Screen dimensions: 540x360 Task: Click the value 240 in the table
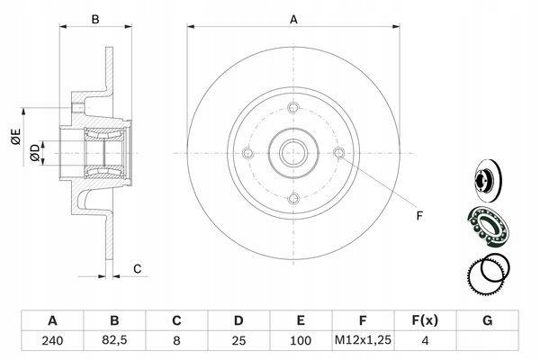52,341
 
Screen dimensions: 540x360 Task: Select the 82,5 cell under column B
114,340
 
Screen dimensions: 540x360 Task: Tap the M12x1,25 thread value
363,340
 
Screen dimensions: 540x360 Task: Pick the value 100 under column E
301,341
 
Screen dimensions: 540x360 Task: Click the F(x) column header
425,320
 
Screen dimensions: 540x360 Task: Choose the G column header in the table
487,320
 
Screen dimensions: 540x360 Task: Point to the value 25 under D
238,341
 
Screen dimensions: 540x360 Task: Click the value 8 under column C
176,341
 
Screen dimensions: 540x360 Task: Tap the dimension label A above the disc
293,20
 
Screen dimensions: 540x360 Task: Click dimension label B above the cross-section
95,20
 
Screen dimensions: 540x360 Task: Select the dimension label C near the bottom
137,269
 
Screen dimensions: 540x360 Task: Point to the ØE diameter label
16,136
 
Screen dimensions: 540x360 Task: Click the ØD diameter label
35,153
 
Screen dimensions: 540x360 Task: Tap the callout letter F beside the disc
419,216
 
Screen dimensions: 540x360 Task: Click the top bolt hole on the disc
293,107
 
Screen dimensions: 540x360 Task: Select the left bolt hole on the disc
247,153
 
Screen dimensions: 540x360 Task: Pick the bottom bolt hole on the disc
293,198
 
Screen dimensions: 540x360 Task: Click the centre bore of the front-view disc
293,153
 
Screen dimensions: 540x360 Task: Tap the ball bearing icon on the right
487,226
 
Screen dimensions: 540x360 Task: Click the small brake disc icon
489,181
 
